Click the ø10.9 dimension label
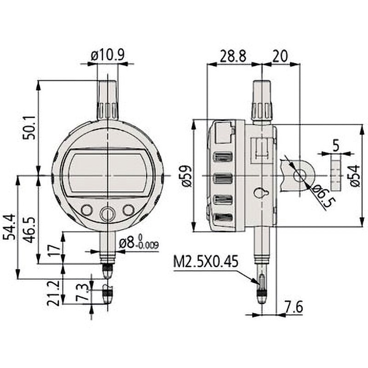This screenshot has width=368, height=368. (107, 55)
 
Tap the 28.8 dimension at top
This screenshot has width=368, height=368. (232, 56)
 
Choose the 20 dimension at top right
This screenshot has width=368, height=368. (281, 56)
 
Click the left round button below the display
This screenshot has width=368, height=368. (86, 209)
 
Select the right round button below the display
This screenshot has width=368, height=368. (128, 209)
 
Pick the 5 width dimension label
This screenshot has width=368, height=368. (336, 146)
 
